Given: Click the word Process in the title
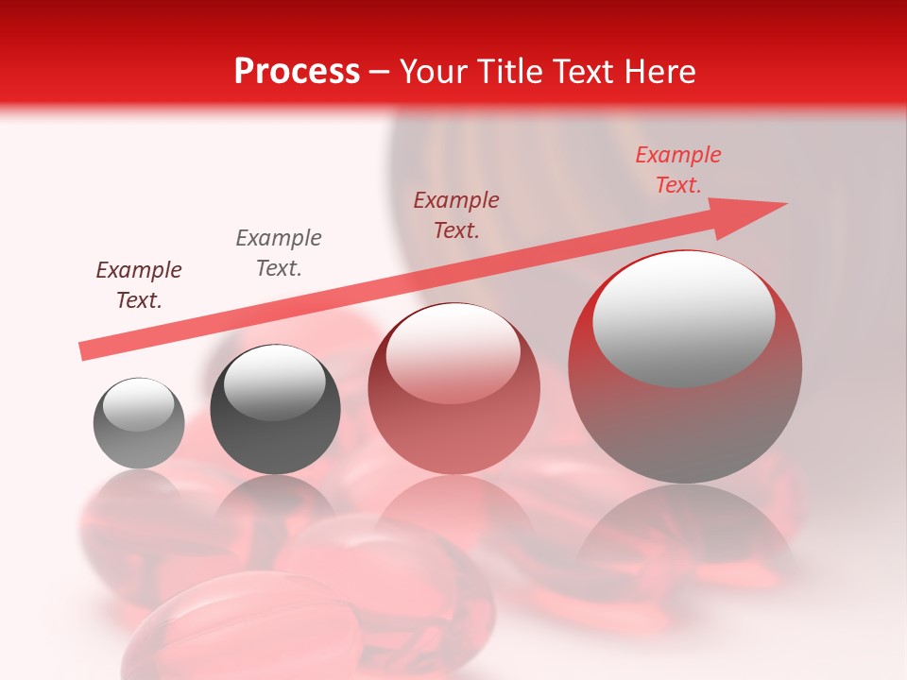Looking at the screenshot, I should [297, 72].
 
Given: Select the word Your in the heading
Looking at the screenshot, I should [436, 72].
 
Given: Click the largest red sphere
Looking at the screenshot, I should [685, 416].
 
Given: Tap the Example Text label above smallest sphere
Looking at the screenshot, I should [139, 285].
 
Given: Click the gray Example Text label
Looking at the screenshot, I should [279, 253].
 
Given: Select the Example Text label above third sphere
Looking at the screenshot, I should [456, 215].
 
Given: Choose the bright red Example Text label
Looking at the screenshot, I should [677, 170].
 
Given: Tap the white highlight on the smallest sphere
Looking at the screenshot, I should [138, 405].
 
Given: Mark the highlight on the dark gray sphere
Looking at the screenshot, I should [274, 382].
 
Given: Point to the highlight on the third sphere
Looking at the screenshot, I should [453, 355].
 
